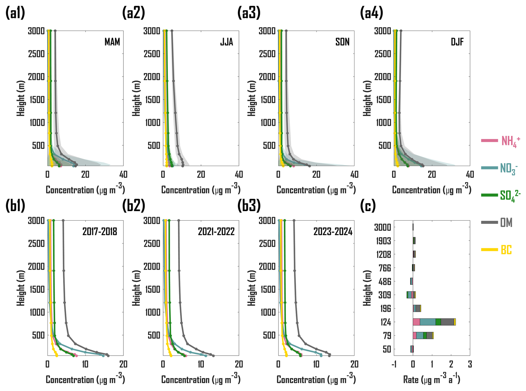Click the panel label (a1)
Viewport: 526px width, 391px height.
tap(15, 13)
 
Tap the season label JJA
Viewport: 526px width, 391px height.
tap(227, 42)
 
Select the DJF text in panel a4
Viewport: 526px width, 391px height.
tap(457, 42)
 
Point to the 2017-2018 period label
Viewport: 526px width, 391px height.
tap(100, 231)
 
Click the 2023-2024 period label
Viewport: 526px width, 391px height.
tap(333, 231)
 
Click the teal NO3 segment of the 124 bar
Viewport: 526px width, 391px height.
tap(428, 322)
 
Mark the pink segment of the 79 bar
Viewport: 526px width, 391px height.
tap(415, 335)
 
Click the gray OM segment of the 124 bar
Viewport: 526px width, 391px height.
tap(447, 322)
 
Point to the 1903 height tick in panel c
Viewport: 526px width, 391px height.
tap(383, 241)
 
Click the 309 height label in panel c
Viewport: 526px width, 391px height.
tap(384, 295)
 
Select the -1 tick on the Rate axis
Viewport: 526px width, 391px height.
tap(393, 364)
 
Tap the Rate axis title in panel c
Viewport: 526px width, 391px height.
tap(431, 379)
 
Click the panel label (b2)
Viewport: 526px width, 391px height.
tap(133, 205)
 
